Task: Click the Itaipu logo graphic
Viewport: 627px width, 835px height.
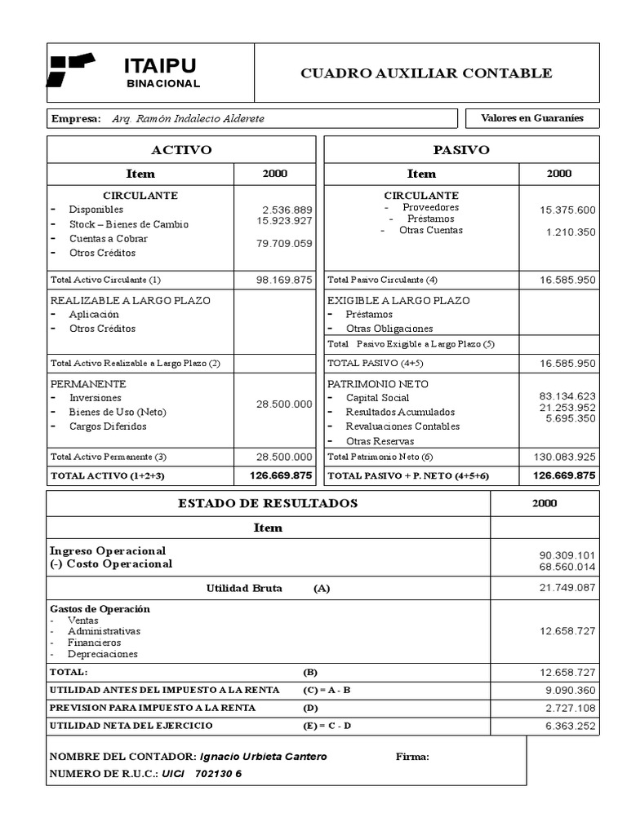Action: point(72,69)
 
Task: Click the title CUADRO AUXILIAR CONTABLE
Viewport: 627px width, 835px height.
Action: point(426,73)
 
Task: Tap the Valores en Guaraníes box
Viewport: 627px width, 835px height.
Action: point(531,118)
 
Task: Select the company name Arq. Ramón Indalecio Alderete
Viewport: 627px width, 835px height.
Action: point(188,119)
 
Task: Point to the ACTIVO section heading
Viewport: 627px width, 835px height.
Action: point(181,150)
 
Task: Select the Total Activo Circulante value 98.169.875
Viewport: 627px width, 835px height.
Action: point(283,280)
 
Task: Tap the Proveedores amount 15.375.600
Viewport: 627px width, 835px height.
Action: point(567,210)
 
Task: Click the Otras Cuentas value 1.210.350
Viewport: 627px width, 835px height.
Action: point(571,232)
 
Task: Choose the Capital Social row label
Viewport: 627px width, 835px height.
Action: point(377,398)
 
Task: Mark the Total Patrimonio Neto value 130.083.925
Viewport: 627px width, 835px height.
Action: point(564,457)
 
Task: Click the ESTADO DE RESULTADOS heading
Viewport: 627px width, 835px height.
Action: point(268,503)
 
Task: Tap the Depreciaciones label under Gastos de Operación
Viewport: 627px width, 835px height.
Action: point(103,654)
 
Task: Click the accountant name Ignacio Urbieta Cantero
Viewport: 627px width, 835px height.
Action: point(263,757)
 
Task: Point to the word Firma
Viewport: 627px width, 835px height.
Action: point(412,757)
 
